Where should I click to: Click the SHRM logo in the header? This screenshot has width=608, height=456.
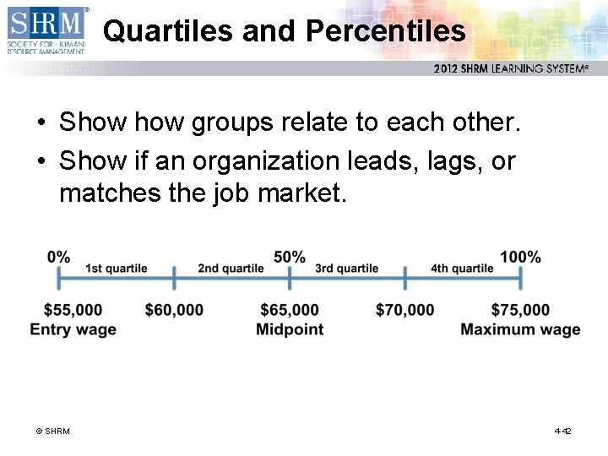[46, 30]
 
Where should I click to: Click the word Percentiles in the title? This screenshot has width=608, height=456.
[386, 31]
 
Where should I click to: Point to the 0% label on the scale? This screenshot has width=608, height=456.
[59, 257]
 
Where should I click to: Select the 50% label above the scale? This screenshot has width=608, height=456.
[290, 257]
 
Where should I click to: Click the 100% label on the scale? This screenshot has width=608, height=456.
[520, 257]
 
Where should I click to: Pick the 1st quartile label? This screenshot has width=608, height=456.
[117, 269]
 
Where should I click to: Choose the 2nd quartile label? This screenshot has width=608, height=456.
[231, 269]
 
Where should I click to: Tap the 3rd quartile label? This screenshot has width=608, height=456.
[346, 269]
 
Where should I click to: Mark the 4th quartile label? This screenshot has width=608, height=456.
[462, 269]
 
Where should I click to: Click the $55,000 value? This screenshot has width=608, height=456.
[73, 311]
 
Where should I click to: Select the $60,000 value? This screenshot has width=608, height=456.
[174, 311]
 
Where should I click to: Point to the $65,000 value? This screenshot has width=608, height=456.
[290, 311]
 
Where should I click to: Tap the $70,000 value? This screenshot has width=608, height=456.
[405, 311]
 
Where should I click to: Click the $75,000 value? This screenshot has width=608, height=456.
[520, 311]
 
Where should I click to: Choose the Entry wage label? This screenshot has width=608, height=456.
[73, 329]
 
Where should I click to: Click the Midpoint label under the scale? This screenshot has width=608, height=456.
[290, 329]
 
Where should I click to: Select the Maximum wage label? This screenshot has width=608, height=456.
[520, 329]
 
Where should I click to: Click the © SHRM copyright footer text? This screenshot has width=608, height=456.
[52, 432]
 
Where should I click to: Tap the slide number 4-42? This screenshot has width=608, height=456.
[562, 432]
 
